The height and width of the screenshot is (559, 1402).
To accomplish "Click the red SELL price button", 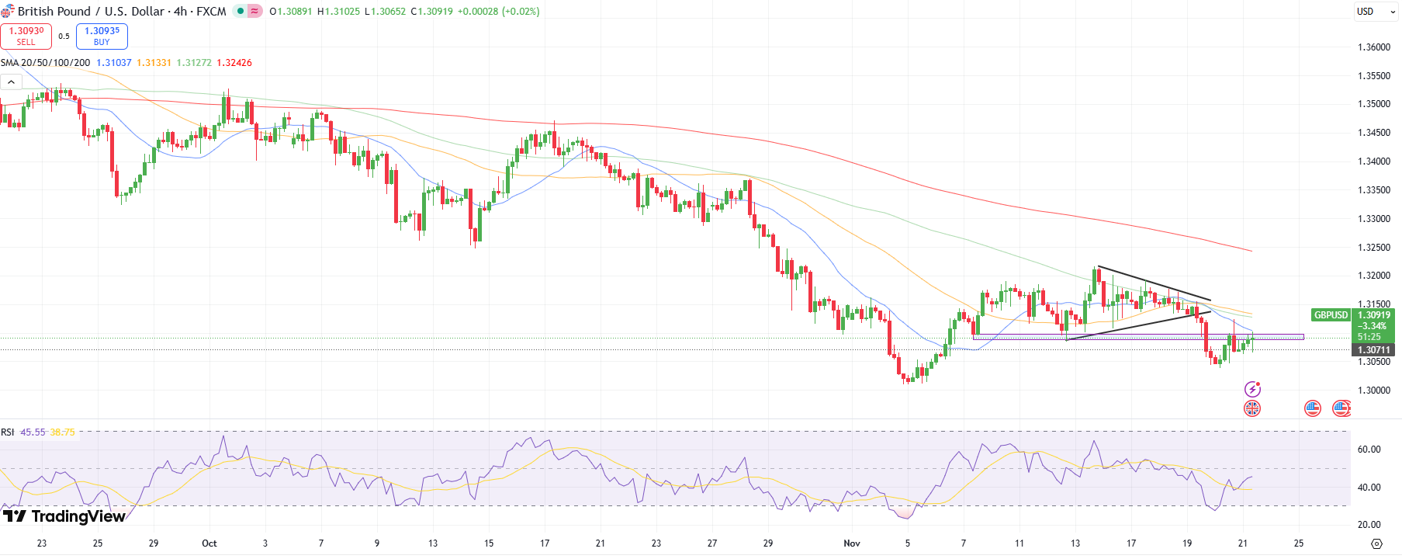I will [26, 36].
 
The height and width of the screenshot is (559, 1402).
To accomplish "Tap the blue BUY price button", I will [102, 36].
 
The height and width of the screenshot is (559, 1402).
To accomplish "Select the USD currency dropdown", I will [1376, 12].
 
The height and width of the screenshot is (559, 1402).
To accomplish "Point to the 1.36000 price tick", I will [1373, 47].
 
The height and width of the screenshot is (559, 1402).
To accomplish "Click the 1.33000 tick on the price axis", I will [1373, 219].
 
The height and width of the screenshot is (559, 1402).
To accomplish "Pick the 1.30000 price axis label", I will [1373, 391].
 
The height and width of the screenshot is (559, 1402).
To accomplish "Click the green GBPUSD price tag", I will [1331, 315].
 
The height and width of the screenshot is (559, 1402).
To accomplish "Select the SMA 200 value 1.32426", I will [234, 63].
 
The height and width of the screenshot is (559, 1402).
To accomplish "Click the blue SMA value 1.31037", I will [114, 63].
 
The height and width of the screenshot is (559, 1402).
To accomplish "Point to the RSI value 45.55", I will [33, 432].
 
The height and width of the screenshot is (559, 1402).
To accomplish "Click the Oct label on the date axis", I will [209, 543].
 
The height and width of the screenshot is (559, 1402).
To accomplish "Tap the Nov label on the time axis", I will [852, 543].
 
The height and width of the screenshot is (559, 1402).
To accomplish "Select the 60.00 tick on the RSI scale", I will [1369, 450].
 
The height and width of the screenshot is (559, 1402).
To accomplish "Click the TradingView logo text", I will [78, 516].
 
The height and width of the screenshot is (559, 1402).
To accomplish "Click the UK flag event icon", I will [1252, 408].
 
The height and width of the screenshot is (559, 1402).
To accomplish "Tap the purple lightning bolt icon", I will [1252, 389].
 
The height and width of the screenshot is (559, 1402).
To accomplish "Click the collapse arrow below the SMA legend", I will [11, 82].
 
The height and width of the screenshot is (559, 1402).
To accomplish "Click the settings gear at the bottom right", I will [1377, 543].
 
